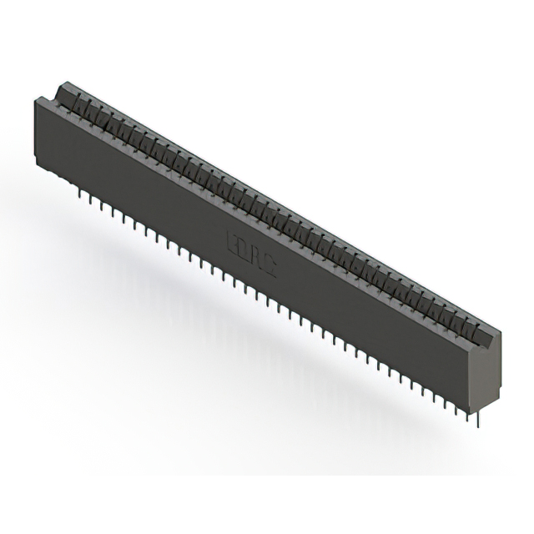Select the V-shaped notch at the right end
(487, 332)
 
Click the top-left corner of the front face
(34, 99)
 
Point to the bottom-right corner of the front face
(473, 409)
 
